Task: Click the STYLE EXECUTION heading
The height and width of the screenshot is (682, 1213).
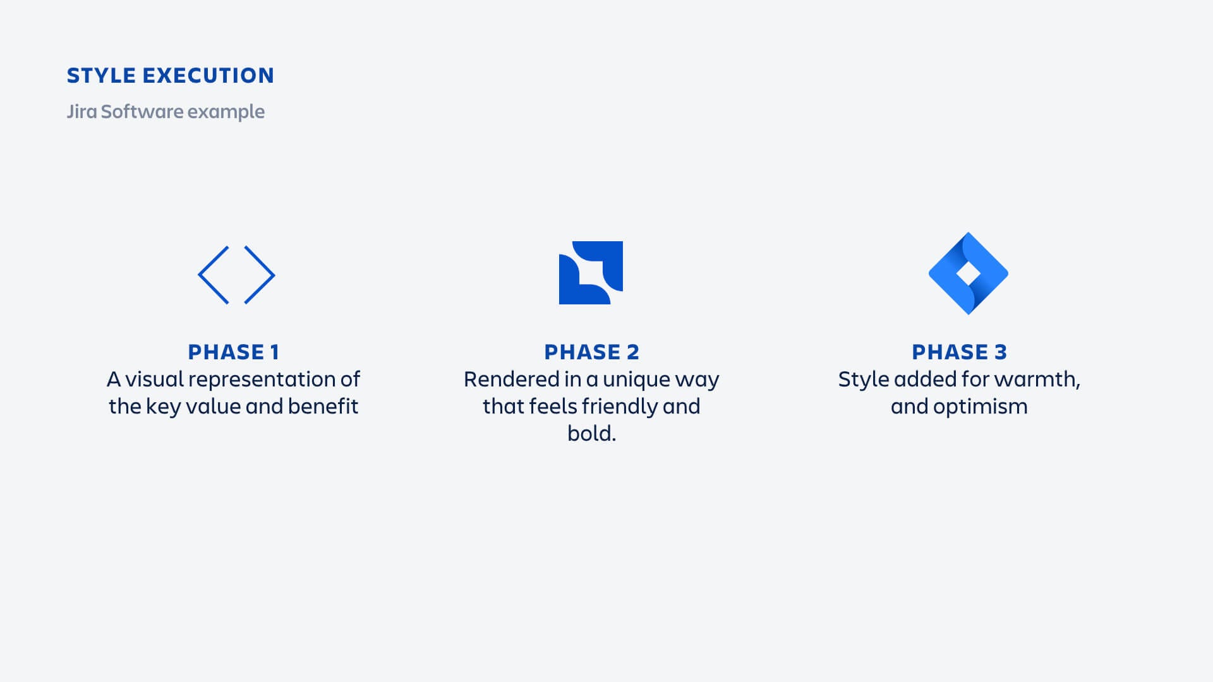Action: pos(171,76)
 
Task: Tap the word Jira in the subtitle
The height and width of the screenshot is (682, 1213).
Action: pos(82,111)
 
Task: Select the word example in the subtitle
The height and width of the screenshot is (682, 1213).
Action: pos(226,112)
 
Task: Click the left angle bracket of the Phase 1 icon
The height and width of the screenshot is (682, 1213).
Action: pos(214,275)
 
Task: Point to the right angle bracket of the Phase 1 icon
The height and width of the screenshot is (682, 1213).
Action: pos(260,275)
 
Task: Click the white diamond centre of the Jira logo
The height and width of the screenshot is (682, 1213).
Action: pos(969,273)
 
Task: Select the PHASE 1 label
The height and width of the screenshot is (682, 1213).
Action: pos(234,352)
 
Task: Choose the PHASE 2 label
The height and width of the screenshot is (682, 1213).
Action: pos(592,352)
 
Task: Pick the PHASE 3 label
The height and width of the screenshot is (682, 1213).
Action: pos(960,352)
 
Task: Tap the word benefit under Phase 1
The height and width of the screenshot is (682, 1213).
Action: pos(323,406)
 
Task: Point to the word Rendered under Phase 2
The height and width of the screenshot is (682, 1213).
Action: pos(512,379)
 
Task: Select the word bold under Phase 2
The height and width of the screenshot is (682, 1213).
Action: pos(589,433)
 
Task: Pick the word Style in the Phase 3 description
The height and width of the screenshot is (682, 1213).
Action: pos(864,380)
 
